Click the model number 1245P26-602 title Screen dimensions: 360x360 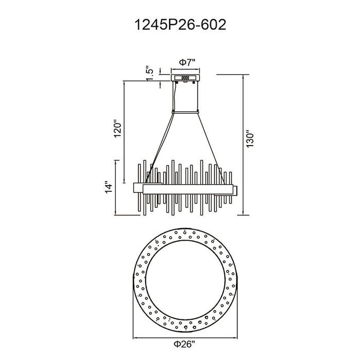[x=180, y=25]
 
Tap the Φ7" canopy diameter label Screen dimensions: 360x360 [x=187, y=62]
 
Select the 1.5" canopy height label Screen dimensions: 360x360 [x=150, y=74]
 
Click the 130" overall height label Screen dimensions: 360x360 [x=249, y=139]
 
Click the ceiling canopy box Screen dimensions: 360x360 [x=186, y=78]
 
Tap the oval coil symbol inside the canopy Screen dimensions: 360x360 [x=185, y=78]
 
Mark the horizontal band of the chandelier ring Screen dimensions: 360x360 [x=188, y=189]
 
